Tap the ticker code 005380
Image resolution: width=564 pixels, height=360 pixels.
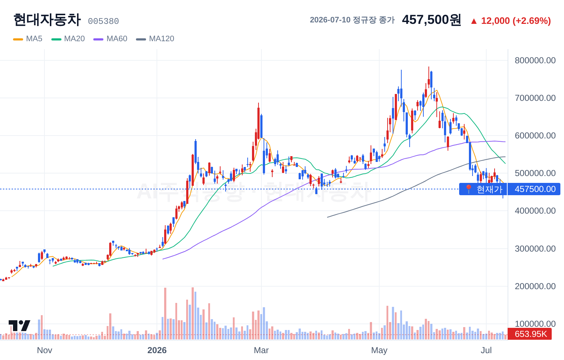pyautogui.click(x=103, y=21)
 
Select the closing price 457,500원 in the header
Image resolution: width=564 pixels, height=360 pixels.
pyautogui.click(x=431, y=20)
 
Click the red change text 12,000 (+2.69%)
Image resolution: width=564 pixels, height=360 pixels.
pyautogui.click(x=516, y=21)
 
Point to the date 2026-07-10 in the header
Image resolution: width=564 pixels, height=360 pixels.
pyautogui.click(x=330, y=20)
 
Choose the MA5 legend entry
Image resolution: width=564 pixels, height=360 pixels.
pyautogui.click(x=28, y=39)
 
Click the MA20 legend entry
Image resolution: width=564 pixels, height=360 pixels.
pyautogui.click(x=68, y=39)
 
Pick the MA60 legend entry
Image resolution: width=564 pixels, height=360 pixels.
pyautogui.click(x=110, y=39)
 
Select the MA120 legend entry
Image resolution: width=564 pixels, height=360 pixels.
pyautogui.click(x=155, y=39)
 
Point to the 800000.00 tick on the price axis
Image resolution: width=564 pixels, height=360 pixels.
pyautogui.click(x=535, y=60)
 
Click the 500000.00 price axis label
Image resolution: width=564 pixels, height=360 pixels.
pyautogui.click(x=535, y=173)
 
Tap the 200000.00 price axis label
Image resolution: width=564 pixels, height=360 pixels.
pyautogui.click(x=535, y=286)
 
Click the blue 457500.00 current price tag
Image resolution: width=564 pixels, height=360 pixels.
pyautogui.click(x=534, y=189)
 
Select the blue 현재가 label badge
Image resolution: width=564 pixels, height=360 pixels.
pyautogui.click(x=483, y=189)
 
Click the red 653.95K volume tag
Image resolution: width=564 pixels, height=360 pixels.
pyautogui.click(x=530, y=334)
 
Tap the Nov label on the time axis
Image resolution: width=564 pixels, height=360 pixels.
pyautogui.click(x=44, y=350)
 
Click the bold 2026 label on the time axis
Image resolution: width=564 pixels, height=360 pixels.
pyautogui.click(x=157, y=350)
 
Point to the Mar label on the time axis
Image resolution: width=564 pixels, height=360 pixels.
pyautogui.click(x=261, y=350)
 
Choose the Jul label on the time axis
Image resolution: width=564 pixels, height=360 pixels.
pyautogui.click(x=486, y=350)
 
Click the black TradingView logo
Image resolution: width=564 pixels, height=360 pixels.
pyautogui.click(x=20, y=326)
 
